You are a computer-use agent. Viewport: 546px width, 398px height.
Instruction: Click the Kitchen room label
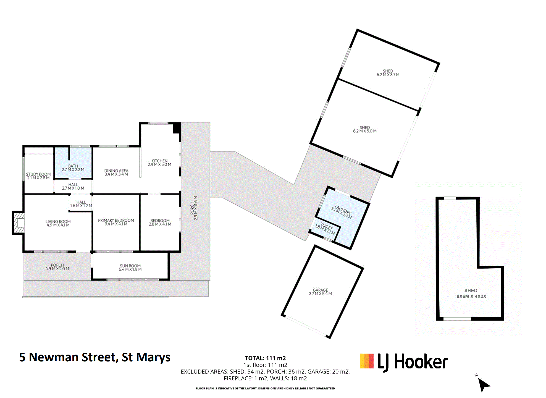tap(159, 163)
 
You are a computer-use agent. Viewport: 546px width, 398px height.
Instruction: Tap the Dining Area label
tap(116, 172)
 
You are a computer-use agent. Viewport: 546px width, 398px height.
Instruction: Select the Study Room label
tap(38, 176)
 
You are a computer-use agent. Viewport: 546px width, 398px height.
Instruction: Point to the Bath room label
tap(73, 168)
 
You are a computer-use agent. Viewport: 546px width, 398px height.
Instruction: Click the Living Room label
tap(58, 223)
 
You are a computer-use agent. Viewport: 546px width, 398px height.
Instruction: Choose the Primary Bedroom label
tap(116, 222)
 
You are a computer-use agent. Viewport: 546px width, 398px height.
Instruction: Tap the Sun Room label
tap(130, 268)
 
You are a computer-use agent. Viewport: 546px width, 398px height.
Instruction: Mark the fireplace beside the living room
tap(19, 223)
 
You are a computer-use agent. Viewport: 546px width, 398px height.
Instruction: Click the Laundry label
tap(342, 212)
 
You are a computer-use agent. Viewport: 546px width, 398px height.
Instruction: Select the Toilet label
tap(326, 229)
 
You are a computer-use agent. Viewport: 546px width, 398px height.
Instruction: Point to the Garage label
tap(321, 292)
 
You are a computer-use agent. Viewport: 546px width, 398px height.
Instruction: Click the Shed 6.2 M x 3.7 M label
tap(388, 73)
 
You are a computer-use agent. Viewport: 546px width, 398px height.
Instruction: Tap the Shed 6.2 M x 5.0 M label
tap(365, 129)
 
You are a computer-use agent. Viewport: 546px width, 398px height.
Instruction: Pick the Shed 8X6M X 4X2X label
tap(471, 294)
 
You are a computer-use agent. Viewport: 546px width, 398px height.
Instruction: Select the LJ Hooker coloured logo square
tap(367, 361)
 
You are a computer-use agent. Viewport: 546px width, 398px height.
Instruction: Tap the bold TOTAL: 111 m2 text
tap(265, 358)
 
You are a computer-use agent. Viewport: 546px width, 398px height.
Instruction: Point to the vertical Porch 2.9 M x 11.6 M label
tap(194, 208)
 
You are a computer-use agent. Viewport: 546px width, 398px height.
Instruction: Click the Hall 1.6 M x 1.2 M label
tap(81, 204)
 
